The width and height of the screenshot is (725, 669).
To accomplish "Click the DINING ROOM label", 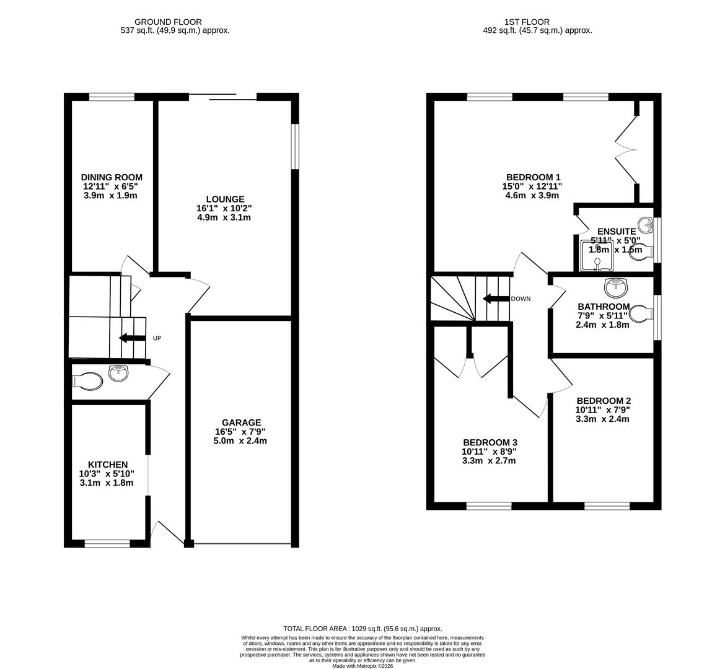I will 112,177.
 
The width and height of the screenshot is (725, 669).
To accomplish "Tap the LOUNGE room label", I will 225,199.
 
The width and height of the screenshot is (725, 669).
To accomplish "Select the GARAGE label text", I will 241,422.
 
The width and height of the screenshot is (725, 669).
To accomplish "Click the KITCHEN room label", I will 108,465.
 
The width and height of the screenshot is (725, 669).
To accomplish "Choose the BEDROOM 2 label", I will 603,401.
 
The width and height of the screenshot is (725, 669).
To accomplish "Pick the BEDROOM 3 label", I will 490,442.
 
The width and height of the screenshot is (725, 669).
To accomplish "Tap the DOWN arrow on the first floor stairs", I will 495,299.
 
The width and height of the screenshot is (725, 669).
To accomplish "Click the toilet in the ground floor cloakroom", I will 88,380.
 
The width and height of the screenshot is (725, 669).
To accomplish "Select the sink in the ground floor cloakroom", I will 118,373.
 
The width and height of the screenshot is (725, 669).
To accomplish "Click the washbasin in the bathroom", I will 615,286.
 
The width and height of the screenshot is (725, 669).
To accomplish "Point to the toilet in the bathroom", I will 642,314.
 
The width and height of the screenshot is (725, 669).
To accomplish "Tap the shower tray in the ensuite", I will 597,256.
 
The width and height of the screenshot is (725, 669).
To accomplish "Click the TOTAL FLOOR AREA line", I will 362,628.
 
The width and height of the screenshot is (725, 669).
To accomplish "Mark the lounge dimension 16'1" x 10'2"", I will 224,209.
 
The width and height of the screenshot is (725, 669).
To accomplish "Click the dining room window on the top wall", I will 112,97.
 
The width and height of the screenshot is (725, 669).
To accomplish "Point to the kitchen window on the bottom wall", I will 107,543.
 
